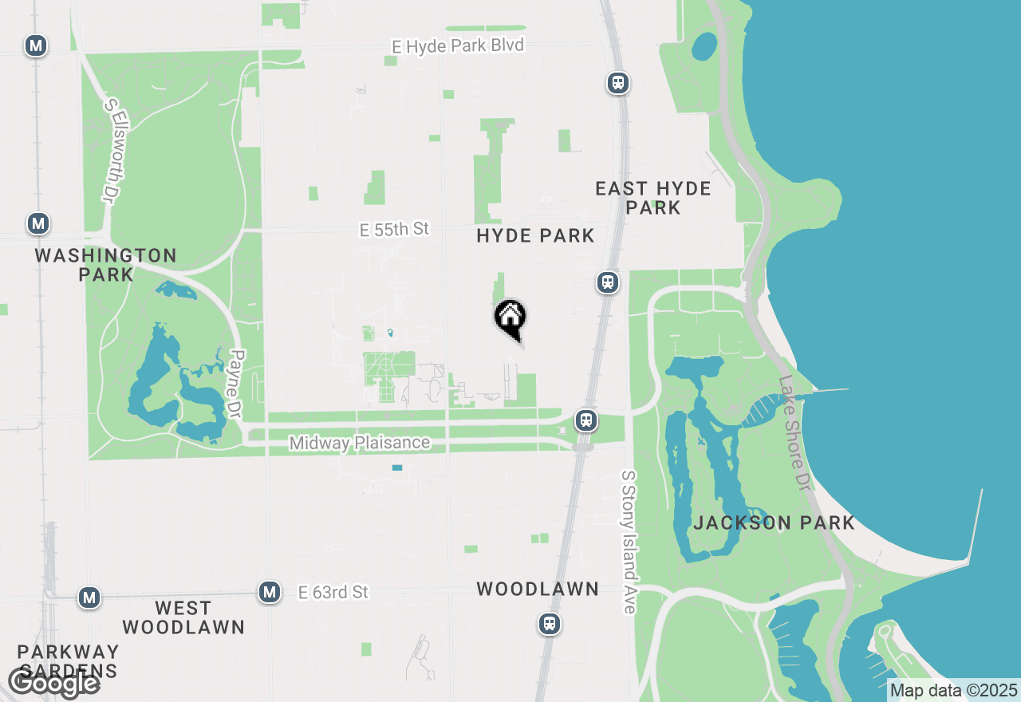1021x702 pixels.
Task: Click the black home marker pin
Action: coord(510,319)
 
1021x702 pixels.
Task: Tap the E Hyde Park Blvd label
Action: coord(458,46)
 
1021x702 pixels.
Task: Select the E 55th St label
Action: coord(394,230)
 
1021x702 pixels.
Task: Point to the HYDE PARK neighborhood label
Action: coord(535,235)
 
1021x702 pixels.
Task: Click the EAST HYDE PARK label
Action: coord(653,198)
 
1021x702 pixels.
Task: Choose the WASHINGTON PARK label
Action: coord(106,265)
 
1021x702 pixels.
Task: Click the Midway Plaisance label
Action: coord(360,443)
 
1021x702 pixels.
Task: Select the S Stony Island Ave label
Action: coord(629,542)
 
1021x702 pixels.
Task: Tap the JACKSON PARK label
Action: coord(774,523)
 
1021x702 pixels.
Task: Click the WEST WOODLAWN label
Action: coord(183,617)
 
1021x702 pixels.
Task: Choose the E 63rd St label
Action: coord(333,592)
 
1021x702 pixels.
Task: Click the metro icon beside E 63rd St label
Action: coord(270,592)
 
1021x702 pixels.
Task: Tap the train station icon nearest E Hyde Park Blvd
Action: coord(617,82)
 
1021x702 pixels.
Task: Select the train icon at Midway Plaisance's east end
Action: coord(586,420)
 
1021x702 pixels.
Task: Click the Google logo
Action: coord(53,683)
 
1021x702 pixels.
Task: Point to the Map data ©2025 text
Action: coord(953,690)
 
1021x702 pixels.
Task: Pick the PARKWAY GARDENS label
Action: coord(68,661)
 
